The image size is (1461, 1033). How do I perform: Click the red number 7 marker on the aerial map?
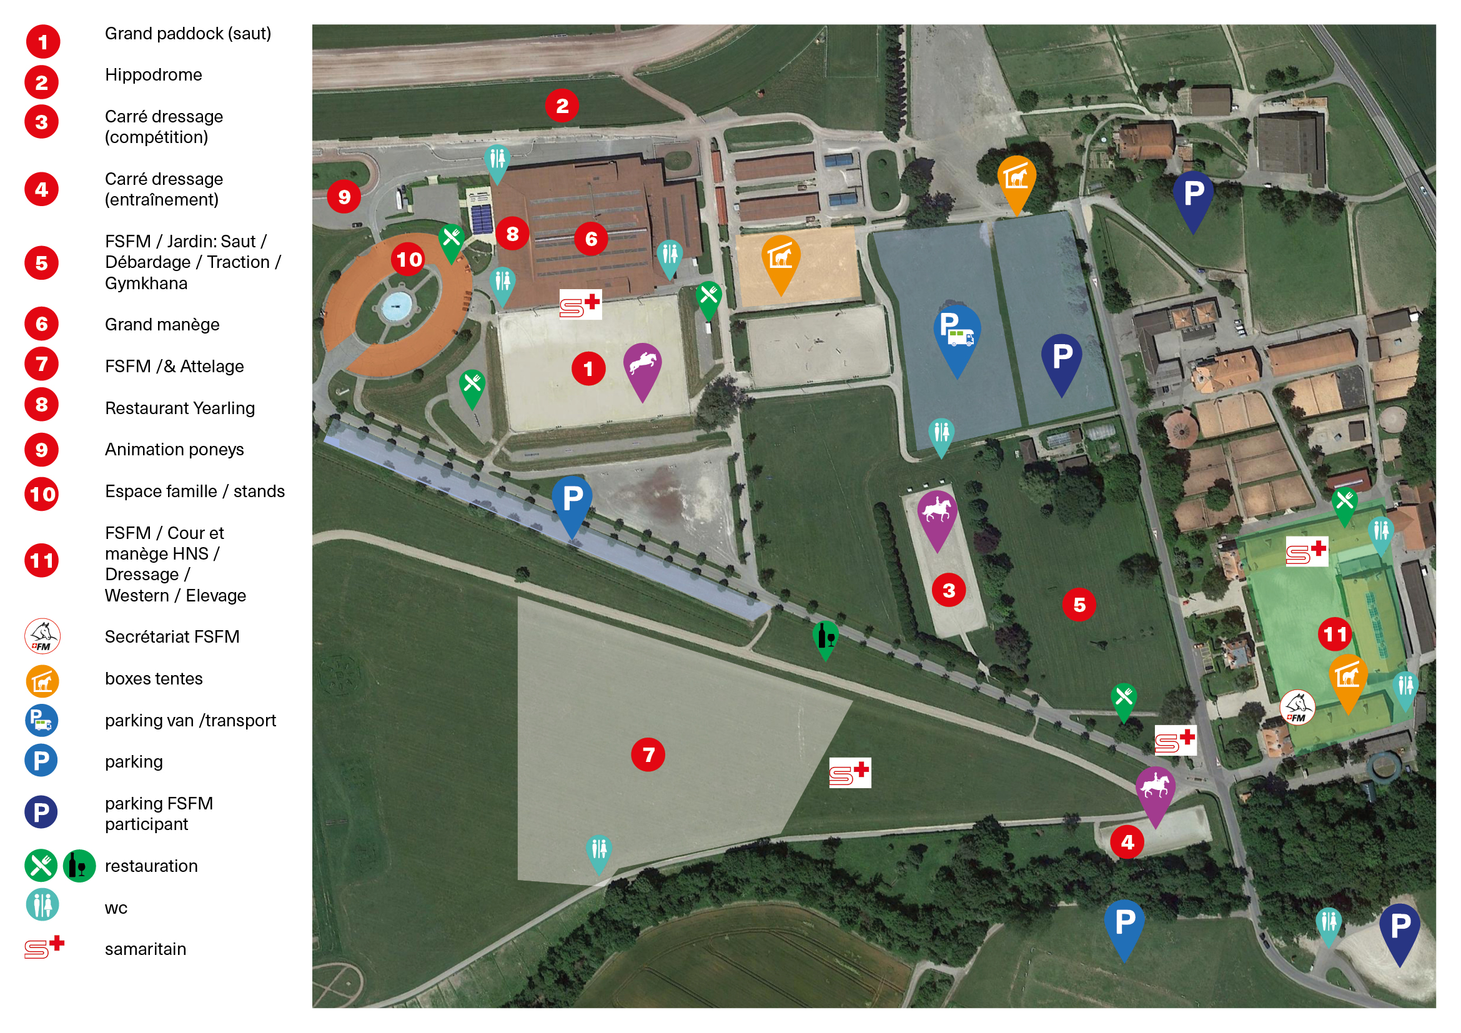coord(648,754)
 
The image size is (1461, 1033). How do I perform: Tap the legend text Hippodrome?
coord(154,75)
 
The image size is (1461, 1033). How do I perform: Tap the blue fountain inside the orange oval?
coord(397,307)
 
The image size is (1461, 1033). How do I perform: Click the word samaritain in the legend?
coord(146,949)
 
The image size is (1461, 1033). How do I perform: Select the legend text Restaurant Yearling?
coord(180,408)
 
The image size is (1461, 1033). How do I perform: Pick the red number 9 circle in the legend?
coord(41,450)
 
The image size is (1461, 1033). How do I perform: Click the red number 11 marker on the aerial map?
coord(1334,633)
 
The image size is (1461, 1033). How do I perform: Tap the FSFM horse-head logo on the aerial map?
coord(1297,708)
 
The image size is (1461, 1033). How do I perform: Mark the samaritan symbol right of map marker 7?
coord(849,773)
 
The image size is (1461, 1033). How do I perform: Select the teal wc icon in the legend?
coord(42,905)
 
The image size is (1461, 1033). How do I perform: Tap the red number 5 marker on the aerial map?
coord(1079,605)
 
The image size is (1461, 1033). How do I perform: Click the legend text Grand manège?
coord(162,325)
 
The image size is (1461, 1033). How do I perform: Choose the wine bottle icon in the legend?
coord(79,866)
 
